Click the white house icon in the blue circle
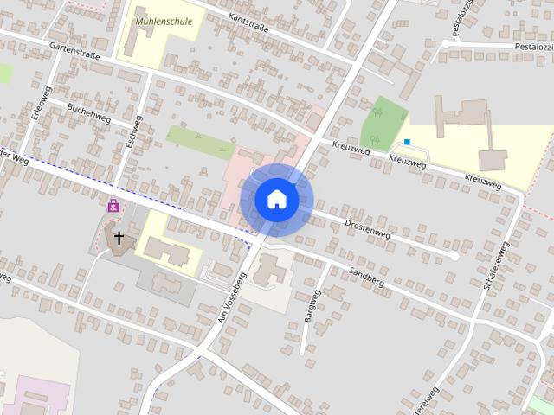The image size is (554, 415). pyautogui.click(x=277, y=200)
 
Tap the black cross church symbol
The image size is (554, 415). pyautogui.click(x=119, y=236)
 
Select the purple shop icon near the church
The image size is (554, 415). pyautogui.click(x=113, y=206)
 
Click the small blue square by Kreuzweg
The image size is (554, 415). pyautogui.click(x=406, y=143)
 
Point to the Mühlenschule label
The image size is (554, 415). pyautogui.click(x=164, y=21)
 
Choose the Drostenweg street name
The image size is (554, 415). pyautogui.click(x=368, y=228)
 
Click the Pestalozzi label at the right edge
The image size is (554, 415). pyautogui.click(x=530, y=45)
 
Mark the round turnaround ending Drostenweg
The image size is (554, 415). pyautogui.click(x=455, y=257)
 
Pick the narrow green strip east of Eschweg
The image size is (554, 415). pyautogui.click(x=200, y=137)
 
